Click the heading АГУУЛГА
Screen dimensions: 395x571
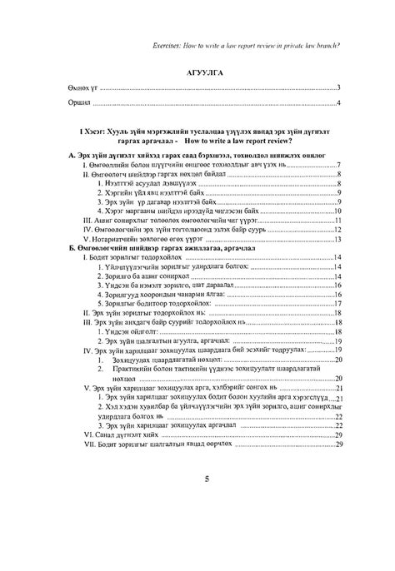pos(198,72)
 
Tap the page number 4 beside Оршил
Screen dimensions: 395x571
pos(339,103)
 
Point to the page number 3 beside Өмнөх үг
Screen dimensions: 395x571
pos(339,87)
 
